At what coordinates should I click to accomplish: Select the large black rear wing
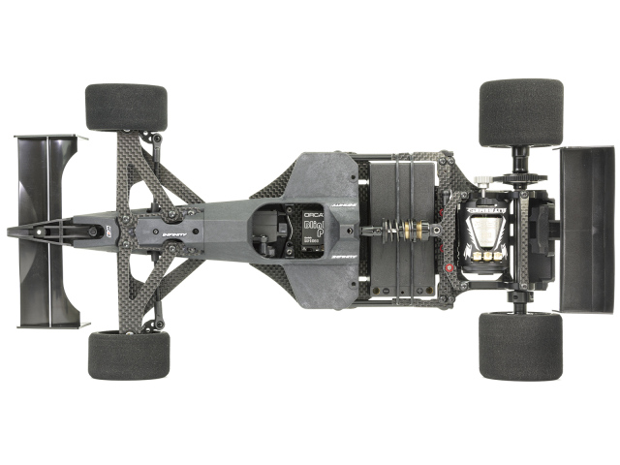pos(587,229)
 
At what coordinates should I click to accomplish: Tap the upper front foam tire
pos(126,107)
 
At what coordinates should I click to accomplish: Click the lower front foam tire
pos(128,355)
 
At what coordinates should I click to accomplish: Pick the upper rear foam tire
pos(521,112)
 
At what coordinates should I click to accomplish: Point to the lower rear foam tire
pos(521,346)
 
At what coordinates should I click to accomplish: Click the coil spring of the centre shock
pos(392,232)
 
